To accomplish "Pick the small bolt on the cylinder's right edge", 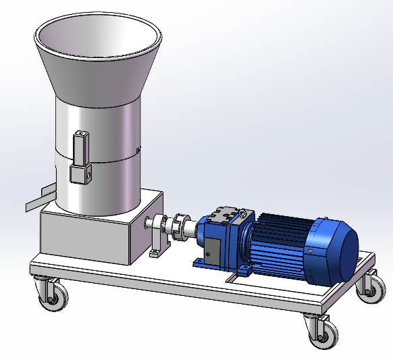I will point(138,149).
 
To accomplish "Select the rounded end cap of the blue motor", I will point(334,251).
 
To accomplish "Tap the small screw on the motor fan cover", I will point(311,249).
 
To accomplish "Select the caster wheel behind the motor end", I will point(371,287).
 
